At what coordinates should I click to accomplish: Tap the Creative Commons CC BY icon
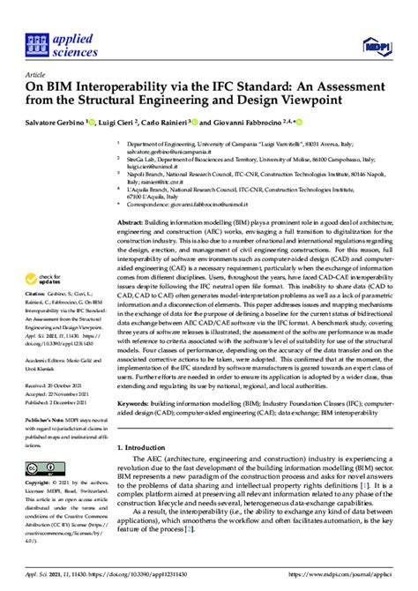pos(43,467)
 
